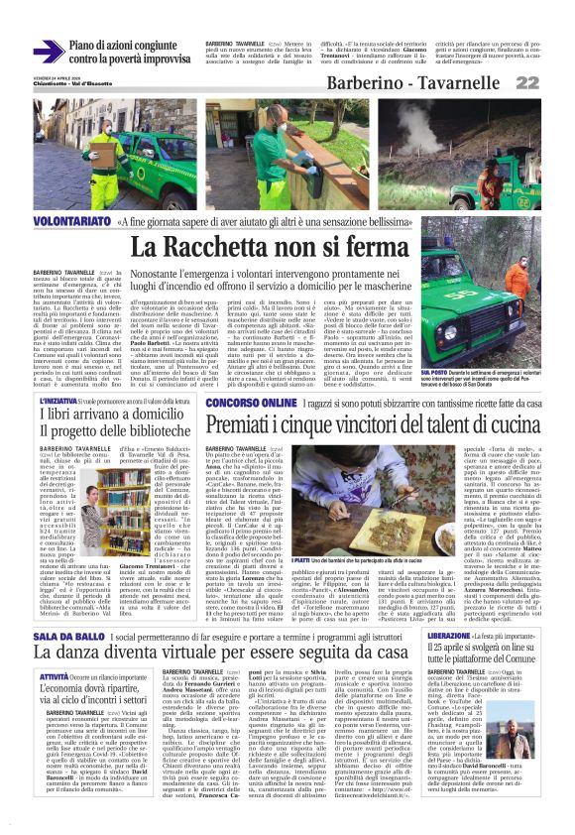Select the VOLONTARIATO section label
click(x=73, y=222)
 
